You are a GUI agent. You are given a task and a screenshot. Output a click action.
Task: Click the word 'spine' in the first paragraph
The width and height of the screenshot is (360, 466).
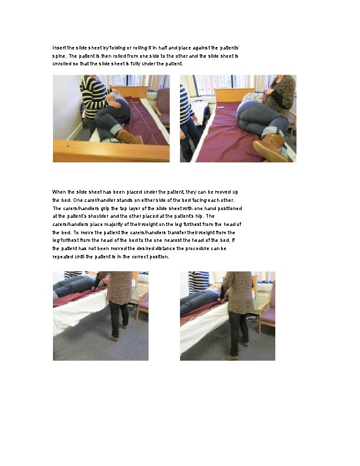(59, 55)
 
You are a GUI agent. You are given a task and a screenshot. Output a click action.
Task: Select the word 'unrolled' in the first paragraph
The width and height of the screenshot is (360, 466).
(62, 63)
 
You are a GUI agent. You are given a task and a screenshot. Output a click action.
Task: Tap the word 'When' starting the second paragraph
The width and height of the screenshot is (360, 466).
(59, 192)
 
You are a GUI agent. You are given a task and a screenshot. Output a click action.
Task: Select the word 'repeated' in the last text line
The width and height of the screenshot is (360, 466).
(63, 257)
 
